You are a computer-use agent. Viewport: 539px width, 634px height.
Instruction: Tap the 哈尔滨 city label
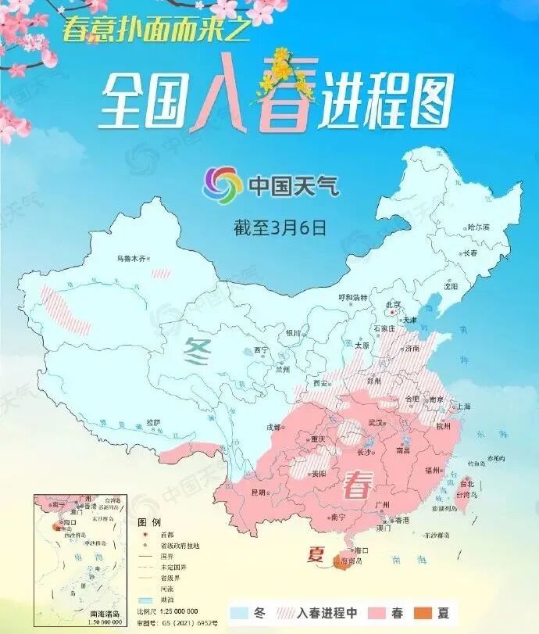pos(478,227)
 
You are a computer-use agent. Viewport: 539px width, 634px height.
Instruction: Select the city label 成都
pos(273,427)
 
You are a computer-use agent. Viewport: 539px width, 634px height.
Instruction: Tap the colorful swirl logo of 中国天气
pos(222,185)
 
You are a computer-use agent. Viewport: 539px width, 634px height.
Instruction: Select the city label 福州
pos(432,470)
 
